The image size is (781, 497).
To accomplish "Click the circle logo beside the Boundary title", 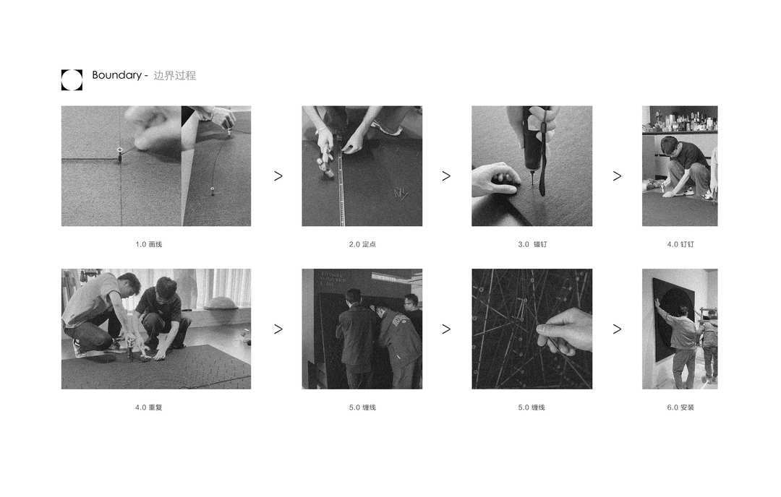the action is tap(72, 79).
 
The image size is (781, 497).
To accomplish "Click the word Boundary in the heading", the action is tap(116, 75).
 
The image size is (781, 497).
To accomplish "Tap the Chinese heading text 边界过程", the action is tap(174, 76).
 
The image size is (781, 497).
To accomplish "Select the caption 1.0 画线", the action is tap(148, 244).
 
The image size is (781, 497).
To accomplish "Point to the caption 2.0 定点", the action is tap(362, 244).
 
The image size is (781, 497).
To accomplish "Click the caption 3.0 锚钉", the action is tap(532, 244).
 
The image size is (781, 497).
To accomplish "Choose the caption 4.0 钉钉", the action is tap(680, 244).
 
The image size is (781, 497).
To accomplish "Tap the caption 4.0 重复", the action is tap(148, 407).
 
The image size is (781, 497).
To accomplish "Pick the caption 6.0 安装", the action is tap(680, 407).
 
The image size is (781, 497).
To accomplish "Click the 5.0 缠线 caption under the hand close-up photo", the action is tap(532, 407).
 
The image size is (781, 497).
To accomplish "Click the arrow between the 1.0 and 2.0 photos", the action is tap(278, 176).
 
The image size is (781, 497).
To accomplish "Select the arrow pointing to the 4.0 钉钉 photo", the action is tap(617, 176).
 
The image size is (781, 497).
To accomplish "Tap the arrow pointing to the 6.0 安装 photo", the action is tap(617, 329).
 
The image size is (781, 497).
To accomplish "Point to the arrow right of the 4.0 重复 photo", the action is tap(278, 329).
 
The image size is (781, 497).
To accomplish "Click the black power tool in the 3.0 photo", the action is tap(533, 144).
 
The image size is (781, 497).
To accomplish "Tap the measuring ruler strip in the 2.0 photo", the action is tap(341, 184).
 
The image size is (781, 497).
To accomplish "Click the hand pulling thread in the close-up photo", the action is tap(566, 331).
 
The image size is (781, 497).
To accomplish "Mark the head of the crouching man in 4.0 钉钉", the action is tap(670, 145).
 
